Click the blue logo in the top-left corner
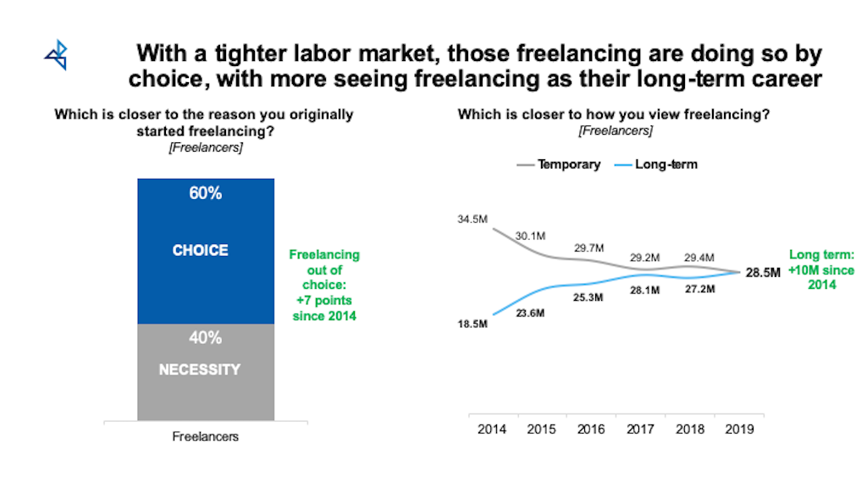pos(56,55)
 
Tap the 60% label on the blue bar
pos(205,193)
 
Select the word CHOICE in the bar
pos(201,251)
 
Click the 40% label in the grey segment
pos(205,338)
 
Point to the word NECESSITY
pos(200,369)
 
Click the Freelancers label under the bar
pos(205,437)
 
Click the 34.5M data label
pos(472,219)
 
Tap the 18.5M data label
pos(472,324)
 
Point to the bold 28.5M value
pos(762,273)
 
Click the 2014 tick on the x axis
pos(492,430)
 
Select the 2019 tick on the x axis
pos(740,430)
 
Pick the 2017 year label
pos(641,430)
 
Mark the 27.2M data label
pos(699,290)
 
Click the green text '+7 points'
pos(323,301)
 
